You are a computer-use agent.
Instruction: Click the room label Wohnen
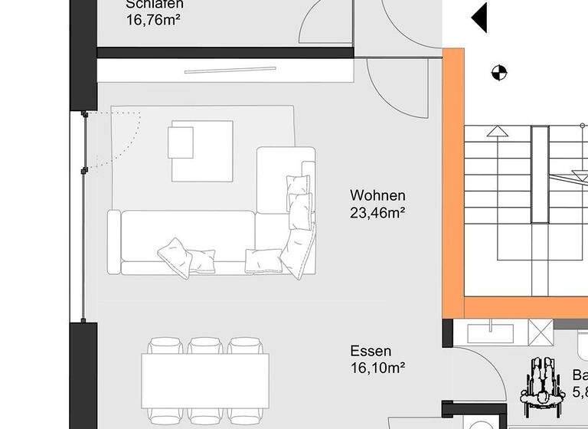point(377,195)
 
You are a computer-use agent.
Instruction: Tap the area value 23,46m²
point(377,212)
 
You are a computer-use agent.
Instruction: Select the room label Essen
point(371,351)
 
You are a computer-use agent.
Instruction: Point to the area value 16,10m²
point(377,368)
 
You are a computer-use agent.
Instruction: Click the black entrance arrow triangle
point(479,18)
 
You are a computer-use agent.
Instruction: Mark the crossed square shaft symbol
point(541,334)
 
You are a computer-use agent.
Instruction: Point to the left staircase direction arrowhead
point(498,131)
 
